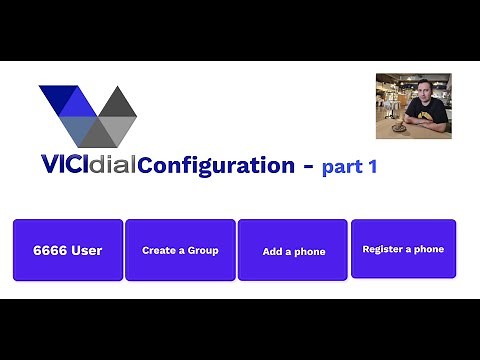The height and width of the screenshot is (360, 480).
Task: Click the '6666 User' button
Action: click(x=68, y=250)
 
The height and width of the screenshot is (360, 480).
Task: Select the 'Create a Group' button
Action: click(x=180, y=250)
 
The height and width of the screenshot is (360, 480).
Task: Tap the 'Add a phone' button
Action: click(x=293, y=251)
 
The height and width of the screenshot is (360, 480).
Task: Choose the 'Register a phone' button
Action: click(x=403, y=249)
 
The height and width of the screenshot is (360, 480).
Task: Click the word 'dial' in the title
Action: click(x=116, y=165)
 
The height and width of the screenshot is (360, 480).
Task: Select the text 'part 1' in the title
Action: click(x=349, y=167)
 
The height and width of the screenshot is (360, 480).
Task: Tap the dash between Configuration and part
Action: click(x=307, y=166)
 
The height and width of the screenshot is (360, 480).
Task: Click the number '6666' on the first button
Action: click(x=50, y=250)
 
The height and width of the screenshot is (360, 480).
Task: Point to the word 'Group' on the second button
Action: click(x=203, y=250)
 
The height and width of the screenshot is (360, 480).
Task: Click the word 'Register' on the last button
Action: click(x=381, y=249)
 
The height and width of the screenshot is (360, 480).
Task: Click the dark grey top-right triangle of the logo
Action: click(x=119, y=102)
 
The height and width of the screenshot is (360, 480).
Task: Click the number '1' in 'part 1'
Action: click(x=372, y=167)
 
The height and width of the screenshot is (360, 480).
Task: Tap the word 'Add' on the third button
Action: click(x=271, y=251)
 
